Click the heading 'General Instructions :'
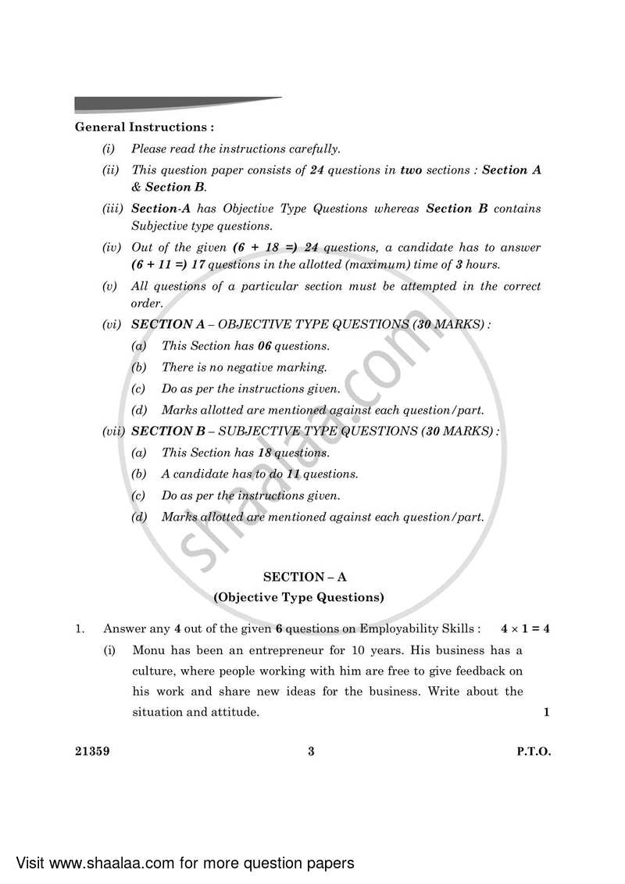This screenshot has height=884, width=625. tap(145, 127)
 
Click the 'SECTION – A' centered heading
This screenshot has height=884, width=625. tap(305, 577)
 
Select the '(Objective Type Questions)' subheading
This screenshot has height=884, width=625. tap(299, 597)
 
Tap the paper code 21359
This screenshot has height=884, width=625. tap(92, 752)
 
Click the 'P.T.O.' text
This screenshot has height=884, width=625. tap(534, 752)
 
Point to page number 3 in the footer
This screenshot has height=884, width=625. tap(311, 752)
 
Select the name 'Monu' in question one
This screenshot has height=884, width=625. tap(149, 650)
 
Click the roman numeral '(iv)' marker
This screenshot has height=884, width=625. tap(111, 248)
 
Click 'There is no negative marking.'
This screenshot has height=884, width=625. tap(244, 367)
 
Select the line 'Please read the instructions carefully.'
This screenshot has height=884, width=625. tap(235, 149)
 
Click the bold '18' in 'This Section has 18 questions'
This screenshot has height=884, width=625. tap(266, 453)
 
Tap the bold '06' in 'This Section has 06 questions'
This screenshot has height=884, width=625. tap(266, 345)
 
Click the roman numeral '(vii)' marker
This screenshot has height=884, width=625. tap(114, 431)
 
